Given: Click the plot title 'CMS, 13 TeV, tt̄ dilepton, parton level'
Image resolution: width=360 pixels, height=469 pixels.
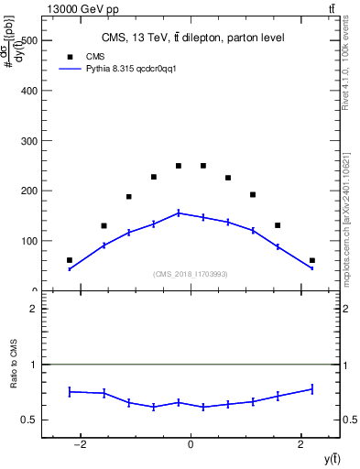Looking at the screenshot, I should (x=191, y=38).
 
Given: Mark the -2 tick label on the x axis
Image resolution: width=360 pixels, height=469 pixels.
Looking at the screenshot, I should (x=81, y=445).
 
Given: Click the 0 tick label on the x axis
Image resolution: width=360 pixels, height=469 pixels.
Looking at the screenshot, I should (x=191, y=445).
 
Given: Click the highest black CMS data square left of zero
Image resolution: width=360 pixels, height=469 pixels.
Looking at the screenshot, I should (x=179, y=166).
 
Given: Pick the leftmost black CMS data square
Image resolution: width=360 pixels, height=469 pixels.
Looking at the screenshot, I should (x=70, y=260).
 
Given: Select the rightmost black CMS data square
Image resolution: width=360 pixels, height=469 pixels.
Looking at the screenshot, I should (x=312, y=260).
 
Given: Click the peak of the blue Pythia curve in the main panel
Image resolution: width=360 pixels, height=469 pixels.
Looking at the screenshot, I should (x=179, y=213).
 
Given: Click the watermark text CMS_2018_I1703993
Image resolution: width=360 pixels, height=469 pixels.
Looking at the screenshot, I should (x=191, y=274).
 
